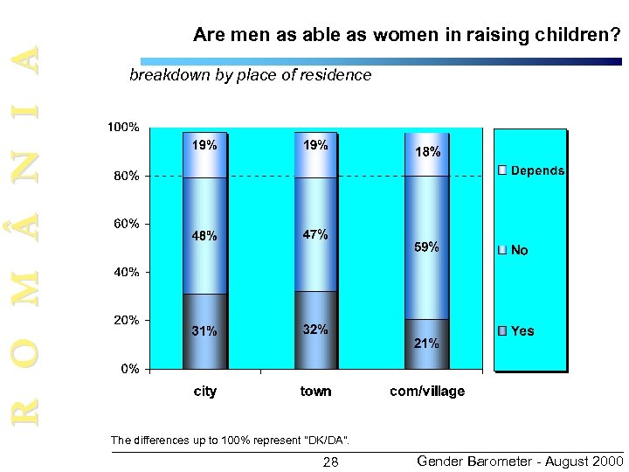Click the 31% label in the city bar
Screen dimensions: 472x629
204,330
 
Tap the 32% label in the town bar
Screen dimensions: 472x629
315,330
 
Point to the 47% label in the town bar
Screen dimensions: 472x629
315,234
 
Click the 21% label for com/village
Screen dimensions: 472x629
426,344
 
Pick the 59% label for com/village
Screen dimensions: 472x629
426,247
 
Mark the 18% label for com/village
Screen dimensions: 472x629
427,152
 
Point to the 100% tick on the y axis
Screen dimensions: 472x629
123,128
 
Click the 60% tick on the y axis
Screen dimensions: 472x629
126,224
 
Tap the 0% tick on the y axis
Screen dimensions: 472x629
129,369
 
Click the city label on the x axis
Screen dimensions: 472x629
204,392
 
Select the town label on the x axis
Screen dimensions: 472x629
315,392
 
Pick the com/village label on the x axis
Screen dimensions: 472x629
427,392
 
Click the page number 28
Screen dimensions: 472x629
330,461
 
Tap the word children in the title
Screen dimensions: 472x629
568,36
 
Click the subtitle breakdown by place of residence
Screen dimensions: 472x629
250,76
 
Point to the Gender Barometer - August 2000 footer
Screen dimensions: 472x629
521,460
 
